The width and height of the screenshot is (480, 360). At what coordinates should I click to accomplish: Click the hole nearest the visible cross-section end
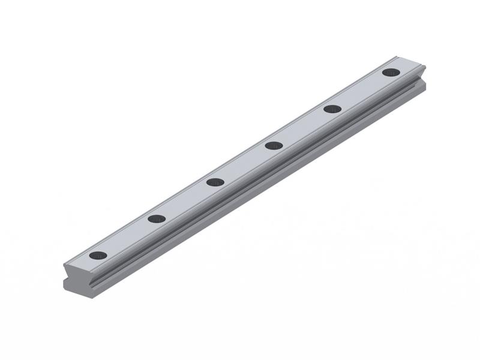point(98,256)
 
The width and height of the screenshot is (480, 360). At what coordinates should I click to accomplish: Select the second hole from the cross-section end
point(157,219)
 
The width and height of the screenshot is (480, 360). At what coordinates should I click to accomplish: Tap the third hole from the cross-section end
point(215,182)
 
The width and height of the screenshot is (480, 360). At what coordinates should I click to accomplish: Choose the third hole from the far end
point(274,145)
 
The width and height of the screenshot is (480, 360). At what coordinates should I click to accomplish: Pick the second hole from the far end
point(332,109)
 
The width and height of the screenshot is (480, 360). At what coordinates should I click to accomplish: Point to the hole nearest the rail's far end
point(391,73)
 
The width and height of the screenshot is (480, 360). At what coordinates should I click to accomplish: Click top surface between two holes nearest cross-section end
point(127,237)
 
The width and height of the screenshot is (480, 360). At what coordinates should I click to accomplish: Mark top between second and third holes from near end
point(186,200)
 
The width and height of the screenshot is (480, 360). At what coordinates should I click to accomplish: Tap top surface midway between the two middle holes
point(244,164)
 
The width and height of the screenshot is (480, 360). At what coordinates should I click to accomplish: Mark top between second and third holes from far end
point(303,127)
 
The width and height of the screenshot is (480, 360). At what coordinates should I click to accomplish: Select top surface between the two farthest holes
point(362,91)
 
